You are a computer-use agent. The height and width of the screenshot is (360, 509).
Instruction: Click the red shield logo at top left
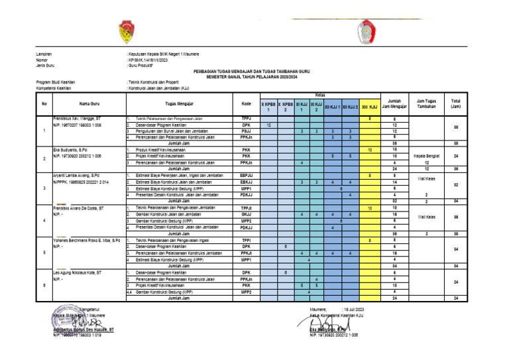(x=127, y=30)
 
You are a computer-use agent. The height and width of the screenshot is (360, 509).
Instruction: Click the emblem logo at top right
(x=366, y=30)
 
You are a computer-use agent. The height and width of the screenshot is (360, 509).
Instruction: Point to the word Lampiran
(x=44, y=54)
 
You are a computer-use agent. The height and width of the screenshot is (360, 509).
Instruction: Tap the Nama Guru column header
(x=89, y=103)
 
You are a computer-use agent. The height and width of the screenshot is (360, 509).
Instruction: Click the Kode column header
(x=246, y=103)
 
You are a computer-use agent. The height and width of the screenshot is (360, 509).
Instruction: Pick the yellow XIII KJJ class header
(x=369, y=107)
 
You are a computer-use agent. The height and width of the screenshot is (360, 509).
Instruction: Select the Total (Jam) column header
(x=455, y=103)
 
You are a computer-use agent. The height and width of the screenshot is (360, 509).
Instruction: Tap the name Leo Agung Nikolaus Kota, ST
(x=77, y=272)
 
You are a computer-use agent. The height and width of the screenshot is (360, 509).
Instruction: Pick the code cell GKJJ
(x=246, y=214)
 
